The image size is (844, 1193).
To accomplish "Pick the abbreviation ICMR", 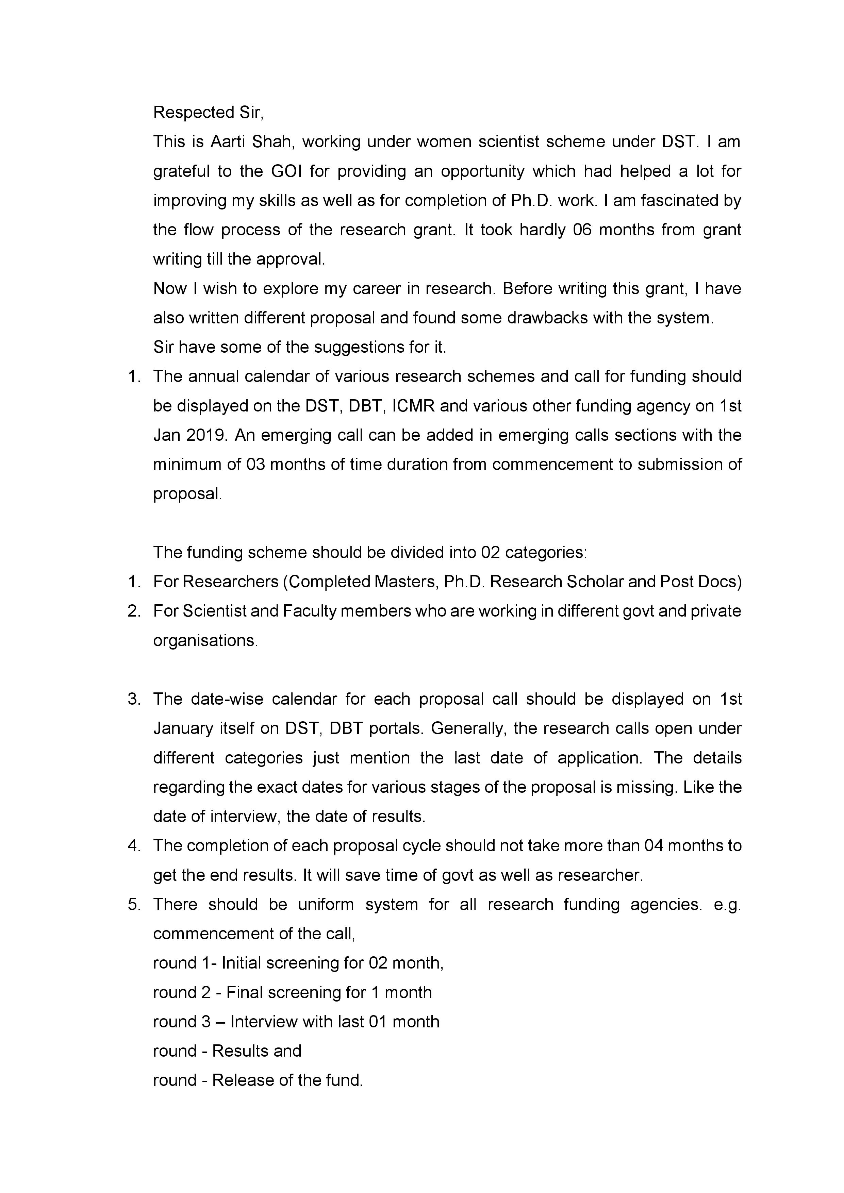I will tap(413, 406).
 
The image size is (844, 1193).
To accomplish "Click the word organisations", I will tap(205, 641).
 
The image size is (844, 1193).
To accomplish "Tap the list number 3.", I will tap(134, 700).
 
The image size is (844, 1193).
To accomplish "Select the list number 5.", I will tap(134, 905).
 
